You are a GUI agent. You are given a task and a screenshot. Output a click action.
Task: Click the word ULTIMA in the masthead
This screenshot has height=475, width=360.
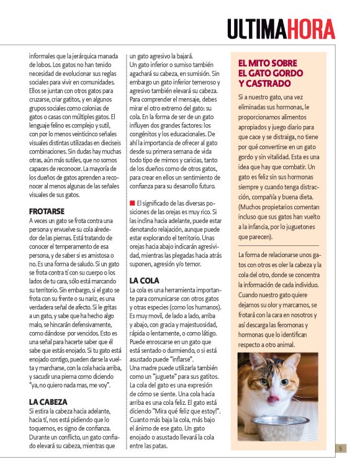(x=255, y=29)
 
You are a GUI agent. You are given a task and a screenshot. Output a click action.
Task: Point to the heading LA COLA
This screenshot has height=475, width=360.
(x=146, y=281)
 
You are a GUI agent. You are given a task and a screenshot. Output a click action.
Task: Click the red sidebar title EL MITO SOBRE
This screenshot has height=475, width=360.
(x=268, y=63)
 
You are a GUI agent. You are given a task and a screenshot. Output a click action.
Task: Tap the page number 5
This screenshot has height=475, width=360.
(x=341, y=448)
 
